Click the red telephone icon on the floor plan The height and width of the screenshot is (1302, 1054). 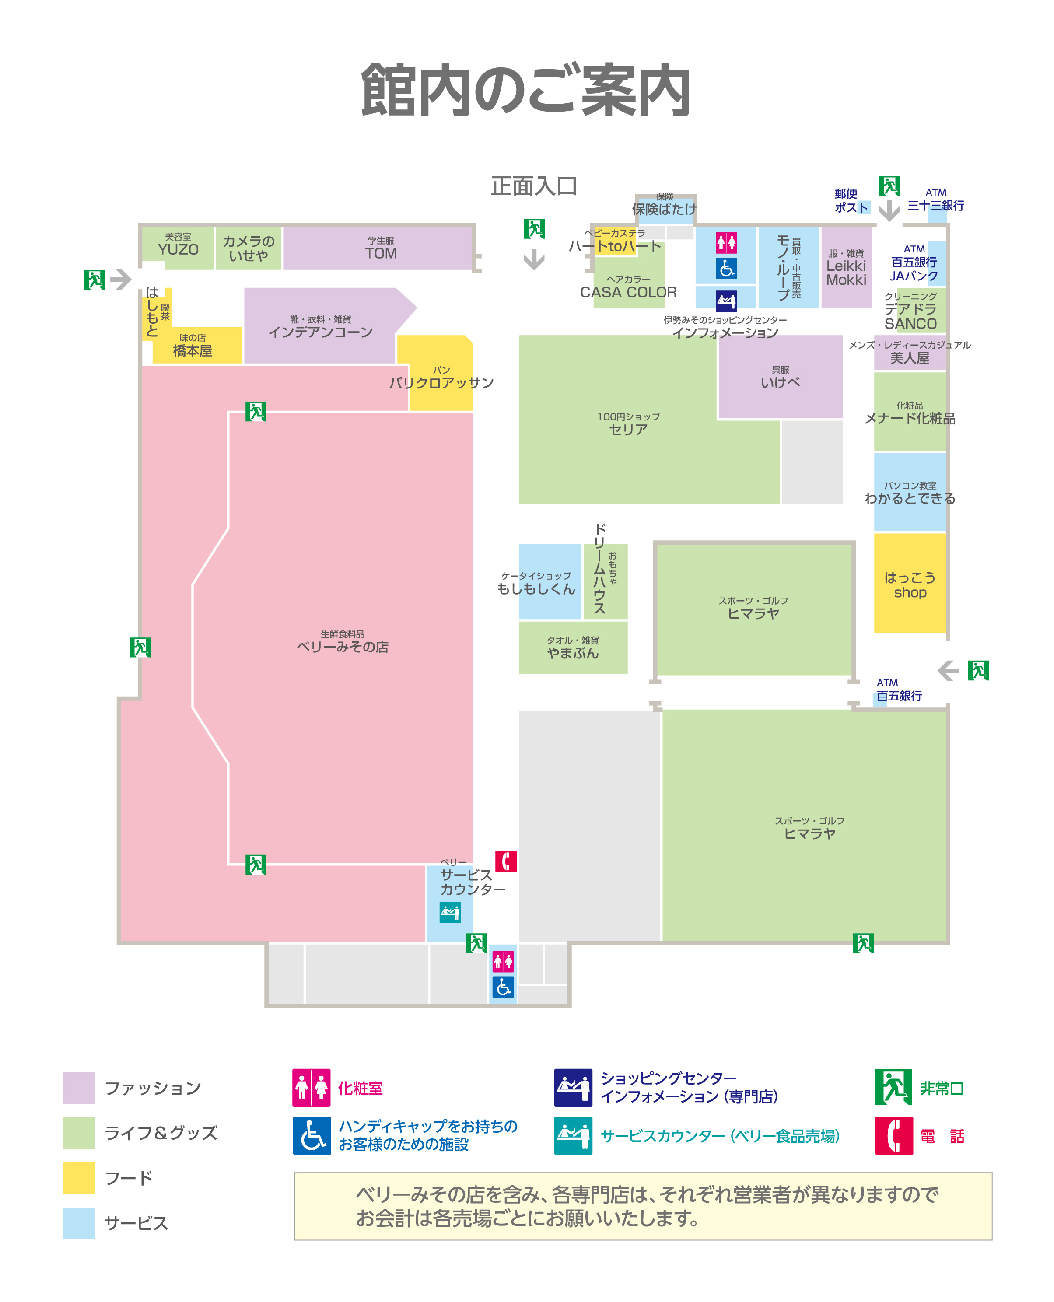pos(506,861)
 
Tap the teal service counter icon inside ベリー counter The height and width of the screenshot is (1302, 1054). pos(450,912)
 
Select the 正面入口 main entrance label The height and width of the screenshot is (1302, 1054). pos(534,186)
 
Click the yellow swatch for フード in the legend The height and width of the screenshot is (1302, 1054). pos(79,1178)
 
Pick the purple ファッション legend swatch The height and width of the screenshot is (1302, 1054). pos(79,1088)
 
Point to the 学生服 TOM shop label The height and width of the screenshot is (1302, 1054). pos(381,249)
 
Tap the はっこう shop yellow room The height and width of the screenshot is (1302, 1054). pos(910,584)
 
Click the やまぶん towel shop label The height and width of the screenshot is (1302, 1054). pos(573,648)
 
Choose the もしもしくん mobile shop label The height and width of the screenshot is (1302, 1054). pos(536,584)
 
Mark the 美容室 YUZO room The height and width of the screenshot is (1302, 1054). pos(178,245)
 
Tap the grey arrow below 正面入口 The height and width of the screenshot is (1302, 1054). pos(534,260)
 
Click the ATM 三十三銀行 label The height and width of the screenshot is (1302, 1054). pos(935,200)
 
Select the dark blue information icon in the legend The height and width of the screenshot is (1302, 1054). pos(573,1088)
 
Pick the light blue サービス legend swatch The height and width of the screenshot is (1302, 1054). pos(79,1222)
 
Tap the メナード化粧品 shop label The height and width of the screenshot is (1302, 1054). pos(910,414)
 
